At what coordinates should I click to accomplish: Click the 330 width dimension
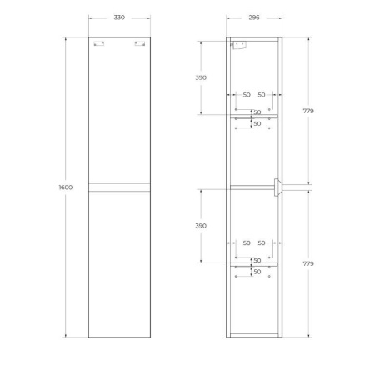click(x=118, y=17)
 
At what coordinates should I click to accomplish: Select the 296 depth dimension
click(x=255, y=17)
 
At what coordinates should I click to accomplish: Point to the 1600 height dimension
click(x=66, y=187)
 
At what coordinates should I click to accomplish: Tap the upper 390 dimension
click(x=201, y=77)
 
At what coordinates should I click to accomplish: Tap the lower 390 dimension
click(x=201, y=226)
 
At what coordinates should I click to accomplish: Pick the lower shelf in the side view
click(x=255, y=264)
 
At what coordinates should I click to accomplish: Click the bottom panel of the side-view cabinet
click(x=255, y=335)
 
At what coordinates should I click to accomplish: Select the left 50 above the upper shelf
click(x=247, y=95)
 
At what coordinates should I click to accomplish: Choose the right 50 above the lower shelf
click(x=262, y=242)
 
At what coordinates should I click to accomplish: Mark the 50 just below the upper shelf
click(x=257, y=124)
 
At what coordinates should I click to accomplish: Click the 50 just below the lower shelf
click(x=257, y=272)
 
